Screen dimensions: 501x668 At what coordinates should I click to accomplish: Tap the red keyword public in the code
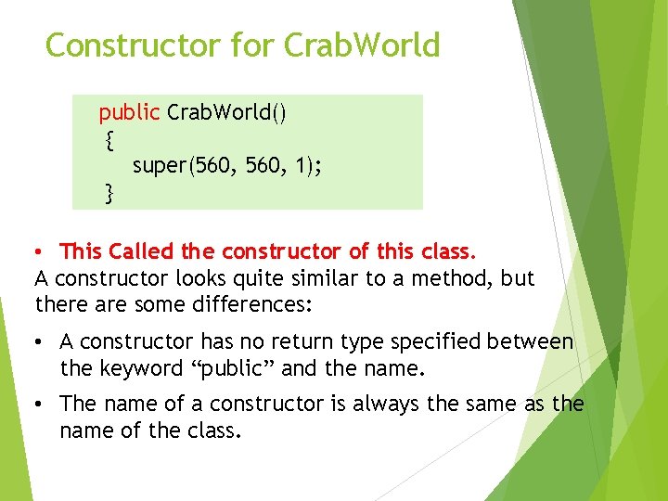[x=130, y=113]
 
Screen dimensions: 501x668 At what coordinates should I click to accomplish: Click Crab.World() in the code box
[x=226, y=113]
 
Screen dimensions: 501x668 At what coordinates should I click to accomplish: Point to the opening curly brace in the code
[x=109, y=140]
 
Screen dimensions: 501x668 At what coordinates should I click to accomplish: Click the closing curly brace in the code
[x=109, y=193]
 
